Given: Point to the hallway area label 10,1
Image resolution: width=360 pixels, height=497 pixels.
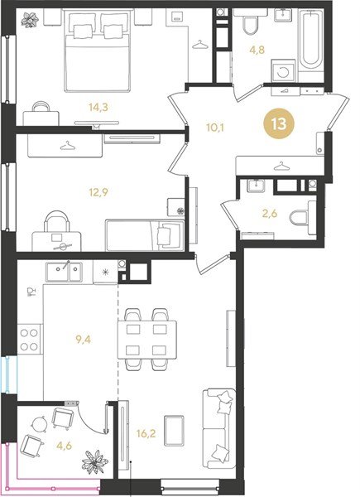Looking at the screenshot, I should tap(215, 128).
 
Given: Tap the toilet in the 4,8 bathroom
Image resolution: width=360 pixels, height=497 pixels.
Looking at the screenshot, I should tap(250, 26).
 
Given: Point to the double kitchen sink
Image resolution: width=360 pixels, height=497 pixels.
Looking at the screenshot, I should tap(63, 271).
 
